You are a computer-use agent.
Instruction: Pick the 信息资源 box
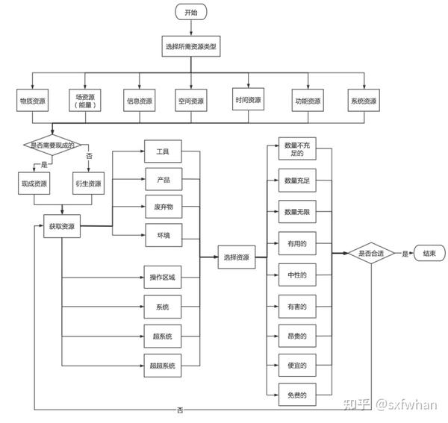(138, 101)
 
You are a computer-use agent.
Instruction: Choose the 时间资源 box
(248, 100)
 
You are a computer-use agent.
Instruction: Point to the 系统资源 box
(364, 101)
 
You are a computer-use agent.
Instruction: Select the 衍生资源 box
(89, 184)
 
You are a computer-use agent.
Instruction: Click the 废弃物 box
(163, 207)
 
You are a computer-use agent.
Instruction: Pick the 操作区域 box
(162, 278)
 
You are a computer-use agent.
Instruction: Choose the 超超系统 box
(162, 365)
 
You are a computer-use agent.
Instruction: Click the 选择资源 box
(236, 257)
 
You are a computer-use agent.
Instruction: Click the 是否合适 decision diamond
(371, 254)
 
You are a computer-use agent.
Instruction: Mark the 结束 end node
(429, 254)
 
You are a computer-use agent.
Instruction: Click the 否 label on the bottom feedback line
(181, 410)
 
